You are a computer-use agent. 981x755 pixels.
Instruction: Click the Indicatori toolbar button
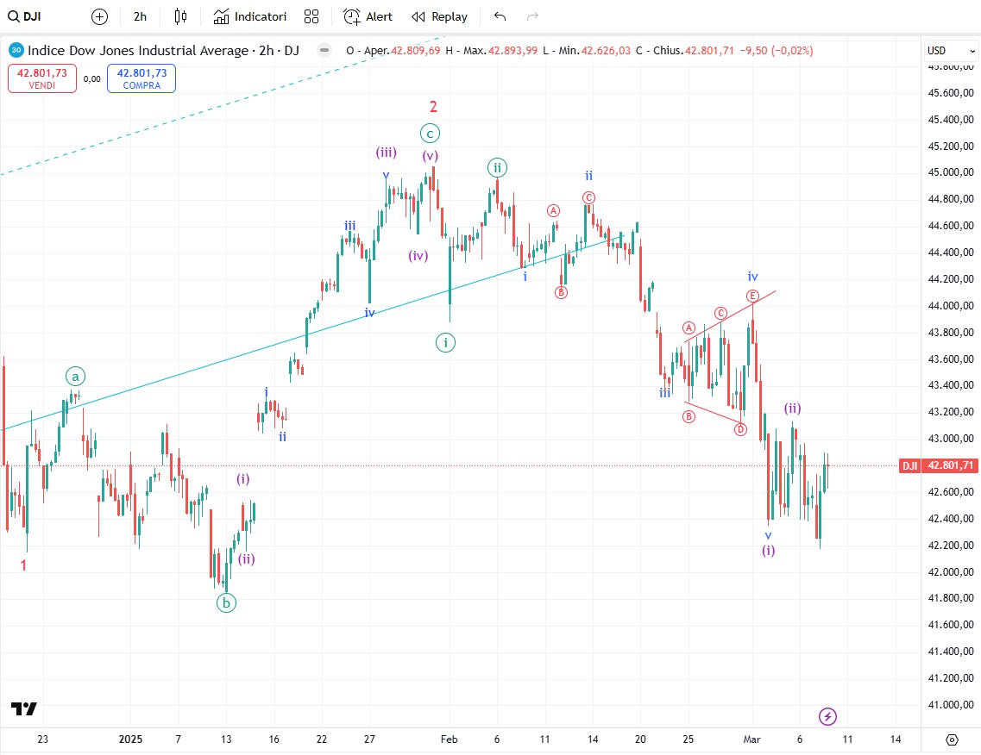tap(249, 16)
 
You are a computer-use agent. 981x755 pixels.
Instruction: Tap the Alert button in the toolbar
tap(368, 16)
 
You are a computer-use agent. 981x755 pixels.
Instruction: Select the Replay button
tap(439, 16)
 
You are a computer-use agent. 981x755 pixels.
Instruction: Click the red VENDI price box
tap(41, 78)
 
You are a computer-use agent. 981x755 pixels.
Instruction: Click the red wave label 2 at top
tap(434, 107)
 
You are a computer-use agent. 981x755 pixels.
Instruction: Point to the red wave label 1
tap(23, 565)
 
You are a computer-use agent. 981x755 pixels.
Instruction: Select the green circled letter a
tap(76, 377)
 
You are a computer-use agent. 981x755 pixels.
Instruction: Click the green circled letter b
tap(226, 603)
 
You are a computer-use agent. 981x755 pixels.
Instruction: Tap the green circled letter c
tap(430, 133)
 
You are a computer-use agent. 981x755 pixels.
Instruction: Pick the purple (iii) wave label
tap(386, 153)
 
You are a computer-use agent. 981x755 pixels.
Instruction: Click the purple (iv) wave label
tap(418, 255)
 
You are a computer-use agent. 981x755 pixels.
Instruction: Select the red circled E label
tap(752, 295)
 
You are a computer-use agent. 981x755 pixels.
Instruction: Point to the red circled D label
tap(740, 429)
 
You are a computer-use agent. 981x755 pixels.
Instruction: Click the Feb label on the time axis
tap(449, 739)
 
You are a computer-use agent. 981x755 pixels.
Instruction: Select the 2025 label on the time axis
tap(130, 739)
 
